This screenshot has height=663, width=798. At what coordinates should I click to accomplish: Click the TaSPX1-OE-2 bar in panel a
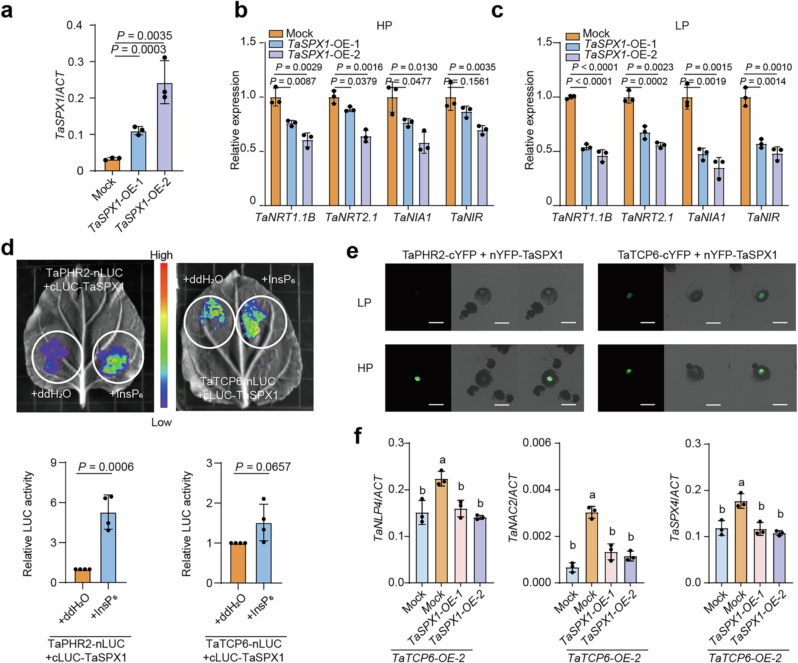click(x=164, y=128)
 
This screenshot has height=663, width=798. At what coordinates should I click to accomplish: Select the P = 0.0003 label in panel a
click(x=138, y=49)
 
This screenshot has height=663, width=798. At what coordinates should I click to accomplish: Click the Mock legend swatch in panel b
click(x=276, y=34)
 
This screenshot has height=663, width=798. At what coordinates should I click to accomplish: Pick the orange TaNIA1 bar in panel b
click(x=393, y=152)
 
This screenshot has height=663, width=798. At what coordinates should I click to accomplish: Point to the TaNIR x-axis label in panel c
click(x=763, y=217)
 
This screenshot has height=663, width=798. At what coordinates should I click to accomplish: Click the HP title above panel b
click(x=384, y=26)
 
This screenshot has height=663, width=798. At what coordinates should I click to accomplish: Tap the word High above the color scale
click(x=161, y=255)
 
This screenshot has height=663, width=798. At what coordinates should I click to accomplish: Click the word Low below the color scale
click(x=161, y=422)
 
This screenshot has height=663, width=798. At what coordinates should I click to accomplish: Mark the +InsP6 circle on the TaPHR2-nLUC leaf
click(x=118, y=357)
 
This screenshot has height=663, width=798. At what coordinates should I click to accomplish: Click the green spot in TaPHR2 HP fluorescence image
click(x=418, y=379)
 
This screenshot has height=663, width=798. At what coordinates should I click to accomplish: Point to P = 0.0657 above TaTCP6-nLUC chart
click(x=263, y=467)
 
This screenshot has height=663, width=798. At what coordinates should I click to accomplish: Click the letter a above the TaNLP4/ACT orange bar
click(x=442, y=461)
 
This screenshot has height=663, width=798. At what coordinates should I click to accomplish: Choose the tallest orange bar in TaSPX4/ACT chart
click(x=741, y=542)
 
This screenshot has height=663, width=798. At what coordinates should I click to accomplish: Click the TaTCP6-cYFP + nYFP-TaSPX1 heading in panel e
click(x=697, y=255)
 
